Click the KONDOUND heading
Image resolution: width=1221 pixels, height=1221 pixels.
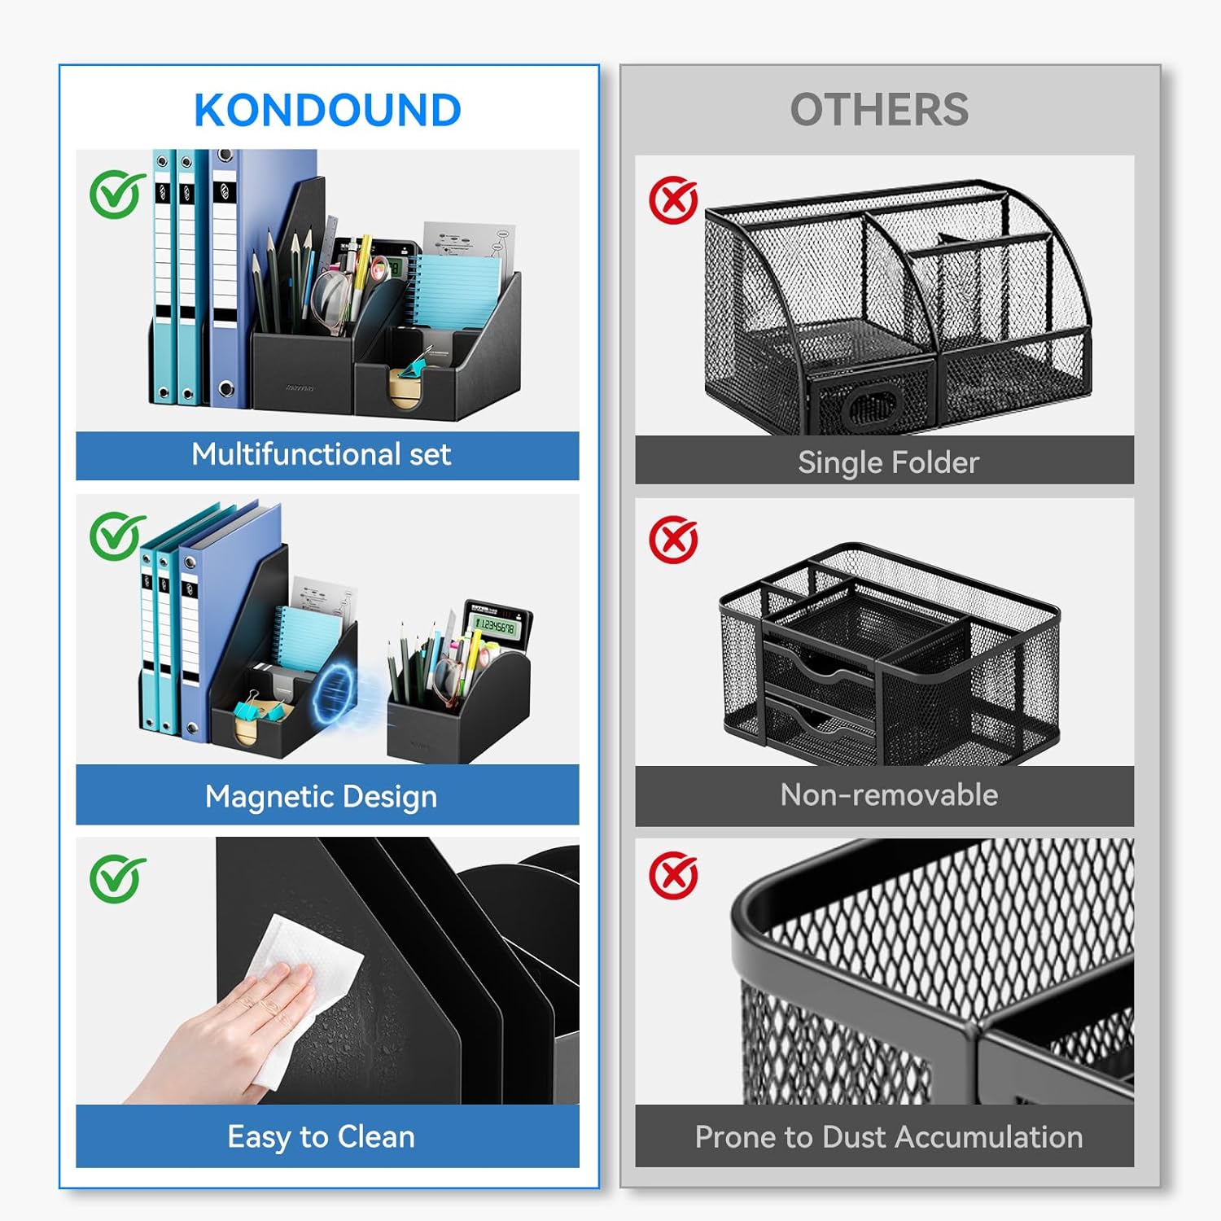tap(327, 110)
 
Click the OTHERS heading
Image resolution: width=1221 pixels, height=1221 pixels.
tap(879, 110)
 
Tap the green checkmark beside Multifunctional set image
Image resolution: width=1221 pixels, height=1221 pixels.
tap(117, 194)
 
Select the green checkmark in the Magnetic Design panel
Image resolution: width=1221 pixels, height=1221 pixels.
tap(117, 536)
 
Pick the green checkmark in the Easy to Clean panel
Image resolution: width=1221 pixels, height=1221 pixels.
tap(117, 878)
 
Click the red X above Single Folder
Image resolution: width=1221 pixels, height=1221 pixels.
tap(673, 200)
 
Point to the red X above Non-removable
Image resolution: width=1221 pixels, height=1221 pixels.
tap(673, 539)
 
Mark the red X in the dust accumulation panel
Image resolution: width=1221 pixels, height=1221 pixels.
tap(673, 876)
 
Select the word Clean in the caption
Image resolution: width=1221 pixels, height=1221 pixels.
tap(376, 1136)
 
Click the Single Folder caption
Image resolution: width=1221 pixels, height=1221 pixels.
tap(888, 462)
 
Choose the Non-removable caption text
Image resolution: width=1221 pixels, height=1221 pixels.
tap(889, 794)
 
